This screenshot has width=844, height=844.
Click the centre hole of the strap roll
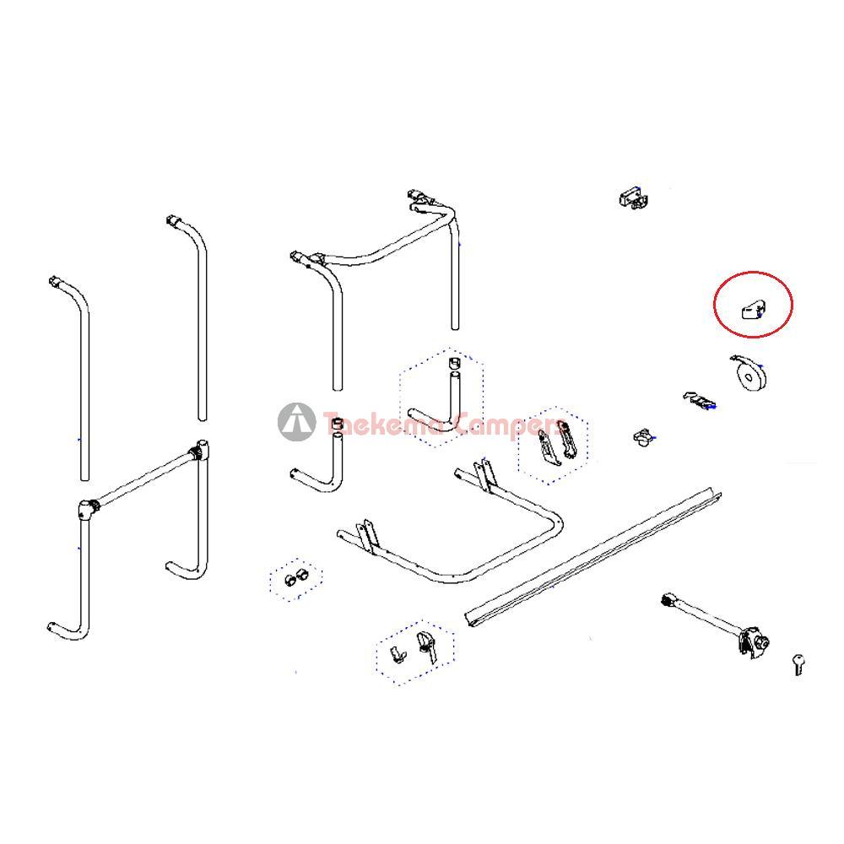pos(749,376)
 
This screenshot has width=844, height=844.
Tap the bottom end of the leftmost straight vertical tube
pos(84,477)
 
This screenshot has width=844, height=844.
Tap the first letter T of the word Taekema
pos(332,423)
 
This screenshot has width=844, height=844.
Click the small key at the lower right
pos(798,663)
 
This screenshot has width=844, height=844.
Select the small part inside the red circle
pos(754,311)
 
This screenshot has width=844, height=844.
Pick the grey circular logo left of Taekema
pos(296,421)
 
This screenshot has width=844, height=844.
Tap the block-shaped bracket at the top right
pos(634,197)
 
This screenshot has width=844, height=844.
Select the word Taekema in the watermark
pos(384,424)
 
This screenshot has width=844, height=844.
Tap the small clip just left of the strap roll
pos(700,400)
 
